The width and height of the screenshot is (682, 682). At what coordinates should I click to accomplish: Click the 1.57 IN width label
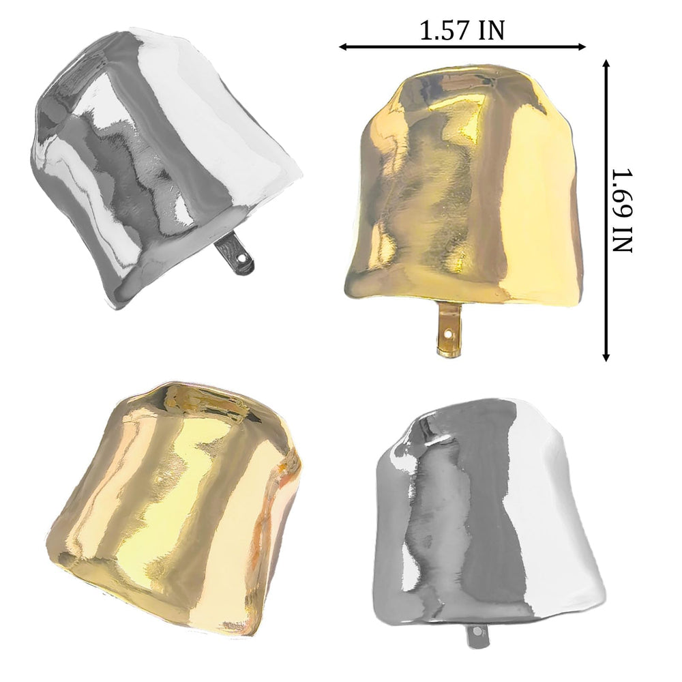click(462, 31)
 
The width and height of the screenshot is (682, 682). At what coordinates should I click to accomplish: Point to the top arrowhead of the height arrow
click(606, 64)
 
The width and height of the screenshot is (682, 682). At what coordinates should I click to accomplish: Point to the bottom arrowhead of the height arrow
click(606, 357)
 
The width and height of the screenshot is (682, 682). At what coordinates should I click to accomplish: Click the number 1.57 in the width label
click(445, 31)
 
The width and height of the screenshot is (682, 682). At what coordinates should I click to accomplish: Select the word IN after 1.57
click(492, 31)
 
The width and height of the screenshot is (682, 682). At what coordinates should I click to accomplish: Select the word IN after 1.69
click(621, 239)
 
